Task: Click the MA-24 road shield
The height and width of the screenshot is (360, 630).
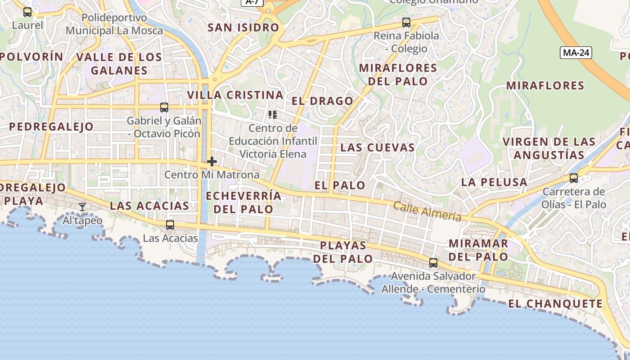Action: [x=576, y=53]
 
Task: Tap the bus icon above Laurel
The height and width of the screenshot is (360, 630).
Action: [x=27, y=12]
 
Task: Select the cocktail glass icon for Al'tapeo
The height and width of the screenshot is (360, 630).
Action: [x=82, y=207]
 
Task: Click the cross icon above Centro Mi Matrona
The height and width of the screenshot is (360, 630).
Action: [x=212, y=162]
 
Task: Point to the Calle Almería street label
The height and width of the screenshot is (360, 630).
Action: [x=427, y=211]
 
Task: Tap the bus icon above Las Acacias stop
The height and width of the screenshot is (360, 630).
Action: [x=170, y=225]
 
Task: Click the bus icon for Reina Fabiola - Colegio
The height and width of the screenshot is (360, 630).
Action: [x=406, y=22]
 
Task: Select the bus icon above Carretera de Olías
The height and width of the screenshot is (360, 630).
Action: [x=574, y=178]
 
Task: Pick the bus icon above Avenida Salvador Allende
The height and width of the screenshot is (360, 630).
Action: [x=433, y=263]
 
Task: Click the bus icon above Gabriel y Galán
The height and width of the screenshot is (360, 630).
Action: [x=164, y=108]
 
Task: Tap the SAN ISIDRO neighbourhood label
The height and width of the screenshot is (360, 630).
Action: [x=243, y=27]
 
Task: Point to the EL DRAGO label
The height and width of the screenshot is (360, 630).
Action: [x=322, y=101]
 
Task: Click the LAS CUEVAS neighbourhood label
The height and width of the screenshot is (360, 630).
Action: [x=378, y=147]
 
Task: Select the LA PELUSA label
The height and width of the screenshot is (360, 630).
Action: [x=494, y=182]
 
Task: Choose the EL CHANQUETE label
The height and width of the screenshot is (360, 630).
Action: [x=555, y=304]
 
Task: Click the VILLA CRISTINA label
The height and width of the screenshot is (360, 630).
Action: [x=235, y=95]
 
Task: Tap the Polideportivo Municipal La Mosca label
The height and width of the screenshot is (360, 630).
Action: [x=114, y=24]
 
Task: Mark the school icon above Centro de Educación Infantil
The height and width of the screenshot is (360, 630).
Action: [x=272, y=115]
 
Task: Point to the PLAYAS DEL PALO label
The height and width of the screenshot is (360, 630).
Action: [x=343, y=252]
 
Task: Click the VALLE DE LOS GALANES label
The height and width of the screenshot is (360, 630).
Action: [x=119, y=63]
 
